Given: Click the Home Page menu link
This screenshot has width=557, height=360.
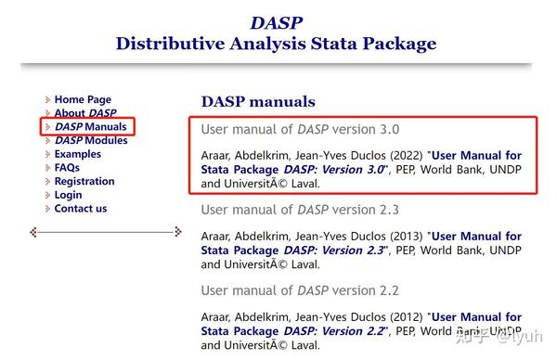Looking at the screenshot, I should coord(83,99).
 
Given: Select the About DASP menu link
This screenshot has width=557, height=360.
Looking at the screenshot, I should coord(85,113).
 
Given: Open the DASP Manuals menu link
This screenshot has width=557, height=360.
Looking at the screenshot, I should coord(90,126).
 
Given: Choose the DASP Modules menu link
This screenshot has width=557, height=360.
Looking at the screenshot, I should coord(91,140).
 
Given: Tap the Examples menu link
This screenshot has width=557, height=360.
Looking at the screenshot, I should coord(78,154).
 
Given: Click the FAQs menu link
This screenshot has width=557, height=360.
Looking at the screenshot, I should coord(67,168).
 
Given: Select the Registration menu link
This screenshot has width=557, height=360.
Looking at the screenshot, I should coord(84,181).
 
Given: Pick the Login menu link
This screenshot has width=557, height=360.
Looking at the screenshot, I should coord(68,195).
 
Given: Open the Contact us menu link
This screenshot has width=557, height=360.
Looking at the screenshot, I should coord(81,209).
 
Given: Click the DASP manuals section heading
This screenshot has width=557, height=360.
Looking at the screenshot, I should coord(258,102).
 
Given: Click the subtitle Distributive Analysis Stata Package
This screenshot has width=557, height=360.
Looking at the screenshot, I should coord(276,44).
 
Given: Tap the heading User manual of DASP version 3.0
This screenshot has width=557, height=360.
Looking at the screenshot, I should coord(300,130).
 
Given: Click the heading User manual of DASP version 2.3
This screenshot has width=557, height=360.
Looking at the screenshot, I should coord(300,210).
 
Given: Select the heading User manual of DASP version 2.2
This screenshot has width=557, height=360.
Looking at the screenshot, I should coord(300,290).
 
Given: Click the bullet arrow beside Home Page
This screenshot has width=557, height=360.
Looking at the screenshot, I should coord(47,99).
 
